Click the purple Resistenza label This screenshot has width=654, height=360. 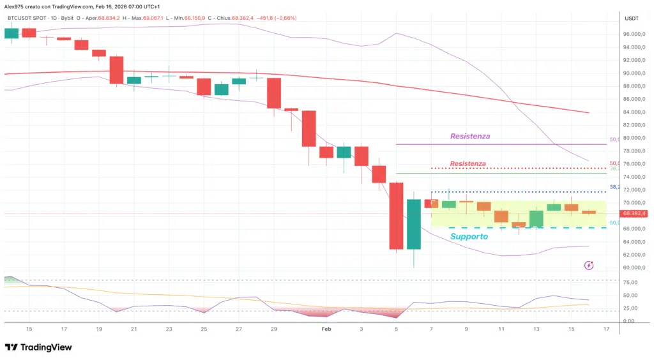pos(470,136)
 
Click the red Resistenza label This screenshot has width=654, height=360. pos(468,164)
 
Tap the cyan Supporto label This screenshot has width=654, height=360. pos(469,236)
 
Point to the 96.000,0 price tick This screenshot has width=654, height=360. pos(632,34)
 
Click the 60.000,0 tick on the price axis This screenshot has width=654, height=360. pos(632,268)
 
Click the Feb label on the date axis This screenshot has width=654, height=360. pos(326,329)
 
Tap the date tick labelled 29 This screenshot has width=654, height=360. pos(274,329)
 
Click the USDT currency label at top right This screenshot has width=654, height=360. pos(631,19)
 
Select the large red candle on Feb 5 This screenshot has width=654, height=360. pos(396,216)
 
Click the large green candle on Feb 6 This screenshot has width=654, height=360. pos(413,224)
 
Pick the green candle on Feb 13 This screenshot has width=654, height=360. pos(536,218)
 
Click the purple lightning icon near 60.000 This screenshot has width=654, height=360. pos(589,265)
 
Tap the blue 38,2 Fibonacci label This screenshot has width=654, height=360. pos(615,187)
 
